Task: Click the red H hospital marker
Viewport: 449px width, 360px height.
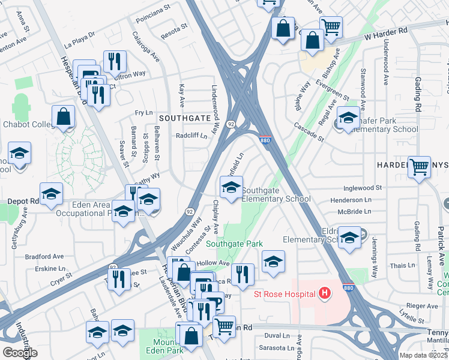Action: (x=325, y=293)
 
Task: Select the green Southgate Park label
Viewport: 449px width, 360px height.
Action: (x=235, y=244)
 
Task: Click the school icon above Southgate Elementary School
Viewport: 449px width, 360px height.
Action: (x=231, y=187)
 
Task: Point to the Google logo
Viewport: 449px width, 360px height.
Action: (x=20, y=353)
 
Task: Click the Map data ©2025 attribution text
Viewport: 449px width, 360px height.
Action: (x=424, y=355)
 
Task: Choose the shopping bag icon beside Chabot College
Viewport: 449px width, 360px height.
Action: (x=63, y=116)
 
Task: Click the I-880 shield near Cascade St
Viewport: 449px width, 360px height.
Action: (x=266, y=140)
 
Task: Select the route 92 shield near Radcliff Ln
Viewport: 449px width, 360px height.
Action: (x=230, y=124)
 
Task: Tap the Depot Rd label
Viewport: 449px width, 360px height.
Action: (x=23, y=202)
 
